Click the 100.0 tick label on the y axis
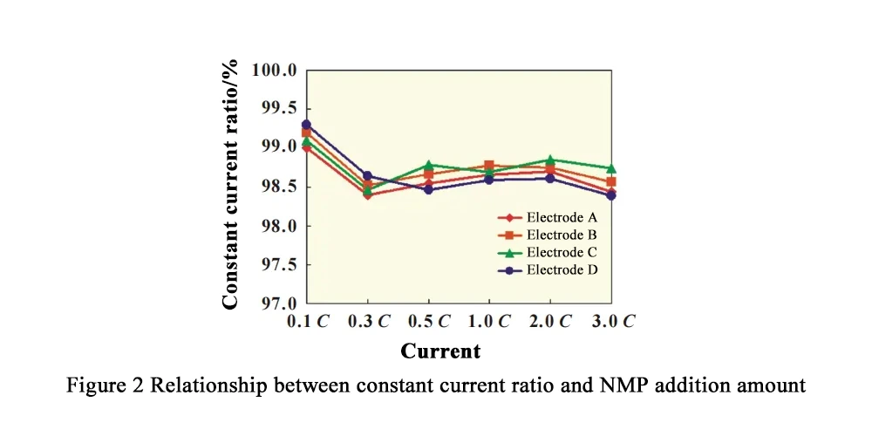click(x=274, y=70)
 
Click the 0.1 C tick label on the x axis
click(x=308, y=321)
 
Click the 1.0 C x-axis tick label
click(x=490, y=321)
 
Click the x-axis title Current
click(x=440, y=351)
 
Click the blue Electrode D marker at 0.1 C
click(x=306, y=125)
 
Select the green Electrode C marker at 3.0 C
click(x=611, y=168)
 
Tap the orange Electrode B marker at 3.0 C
click(x=611, y=182)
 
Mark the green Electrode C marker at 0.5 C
click(x=428, y=165)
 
